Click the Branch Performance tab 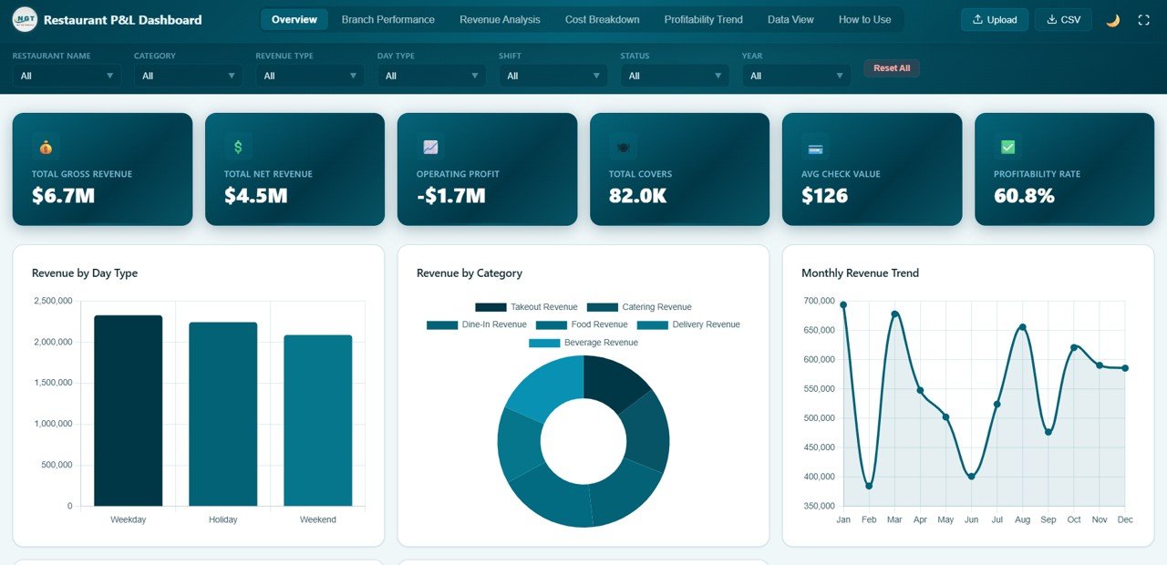coord(387,19)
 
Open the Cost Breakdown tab coord(602,19)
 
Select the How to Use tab coord(864,19)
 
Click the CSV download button coord(1063,19)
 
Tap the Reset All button coord(891,68)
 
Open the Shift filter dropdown coord(553,76)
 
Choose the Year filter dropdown coord(796,76)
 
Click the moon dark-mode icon coord(1112,20)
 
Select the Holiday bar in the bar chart coord(222,414)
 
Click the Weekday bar coord(128,410)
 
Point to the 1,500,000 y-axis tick coord(53,383)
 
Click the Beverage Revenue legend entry coord(583,343)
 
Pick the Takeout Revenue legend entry coord(526,307)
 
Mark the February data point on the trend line coord(869,486)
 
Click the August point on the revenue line coord(1022,327)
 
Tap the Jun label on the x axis coord(971,519)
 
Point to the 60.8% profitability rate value coord(1024,195)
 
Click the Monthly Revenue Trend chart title coord(860,272)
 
